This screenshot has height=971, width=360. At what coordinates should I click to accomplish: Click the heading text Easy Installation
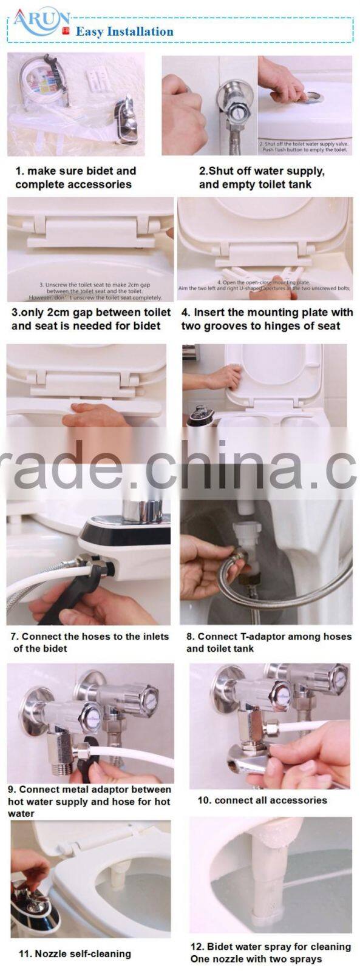tap(124, 32)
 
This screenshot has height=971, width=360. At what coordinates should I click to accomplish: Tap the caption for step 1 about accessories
tap(75, 178)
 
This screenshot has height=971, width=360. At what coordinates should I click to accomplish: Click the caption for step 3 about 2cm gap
tap(90, 319)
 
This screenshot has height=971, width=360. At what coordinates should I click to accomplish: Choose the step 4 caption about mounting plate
tap(267, 319)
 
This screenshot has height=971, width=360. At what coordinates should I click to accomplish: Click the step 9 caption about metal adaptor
tap(89, 802)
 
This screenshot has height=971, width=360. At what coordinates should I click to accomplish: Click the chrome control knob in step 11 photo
tap(30, 901)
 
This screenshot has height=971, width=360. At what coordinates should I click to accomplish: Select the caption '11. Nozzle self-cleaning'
tap(75, 954)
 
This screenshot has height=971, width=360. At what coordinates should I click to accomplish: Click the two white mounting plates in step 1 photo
tap(97, 76)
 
